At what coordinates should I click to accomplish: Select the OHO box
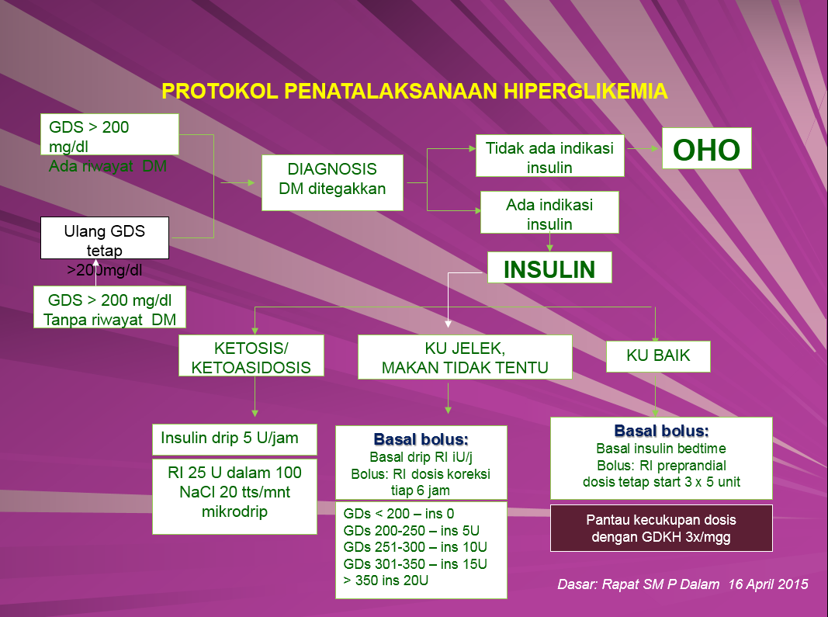706,148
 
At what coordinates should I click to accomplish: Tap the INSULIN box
549,269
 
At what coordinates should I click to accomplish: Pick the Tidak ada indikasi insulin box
549,156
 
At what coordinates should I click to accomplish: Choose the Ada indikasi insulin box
549,213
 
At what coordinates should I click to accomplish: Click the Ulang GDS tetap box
105,238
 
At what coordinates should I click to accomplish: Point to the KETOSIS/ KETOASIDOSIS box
251,356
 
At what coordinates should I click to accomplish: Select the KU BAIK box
658,356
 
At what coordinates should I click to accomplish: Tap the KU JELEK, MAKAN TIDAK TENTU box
465,357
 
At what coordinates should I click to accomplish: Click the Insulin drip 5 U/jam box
235,438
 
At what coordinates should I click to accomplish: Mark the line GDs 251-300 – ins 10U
415,546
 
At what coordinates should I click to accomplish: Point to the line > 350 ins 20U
386,580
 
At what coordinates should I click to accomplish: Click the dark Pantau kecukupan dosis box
661,528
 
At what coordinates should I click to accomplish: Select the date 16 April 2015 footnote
768,584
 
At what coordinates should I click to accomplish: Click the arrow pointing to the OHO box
643,147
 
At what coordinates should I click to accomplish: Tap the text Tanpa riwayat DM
109,320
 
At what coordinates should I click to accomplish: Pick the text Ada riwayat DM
107,166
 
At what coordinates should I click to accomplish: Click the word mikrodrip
234,512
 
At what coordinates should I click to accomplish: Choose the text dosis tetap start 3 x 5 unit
661,481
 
